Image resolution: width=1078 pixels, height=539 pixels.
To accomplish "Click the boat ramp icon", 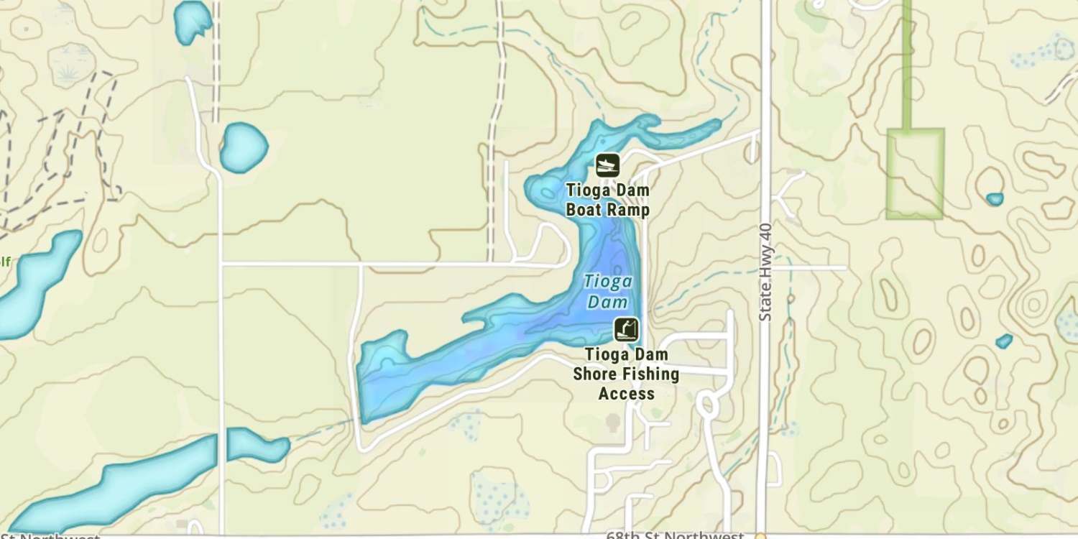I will click(x=608, y=166).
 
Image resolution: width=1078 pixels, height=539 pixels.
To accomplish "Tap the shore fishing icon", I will click(x=626, y=330).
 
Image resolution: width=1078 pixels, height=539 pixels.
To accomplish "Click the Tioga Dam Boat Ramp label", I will click(x=608, y=201).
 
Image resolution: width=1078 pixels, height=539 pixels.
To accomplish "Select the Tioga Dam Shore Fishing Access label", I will click(x=626, y=374).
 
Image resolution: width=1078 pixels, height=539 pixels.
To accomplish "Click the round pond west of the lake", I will click(x=243, y=147).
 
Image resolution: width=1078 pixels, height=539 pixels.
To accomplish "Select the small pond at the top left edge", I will click(x=193, y=20).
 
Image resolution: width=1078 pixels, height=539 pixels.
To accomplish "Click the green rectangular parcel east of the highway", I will click(x=914, y=173).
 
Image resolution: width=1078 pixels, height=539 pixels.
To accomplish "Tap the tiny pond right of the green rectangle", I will click(x=995, y=199).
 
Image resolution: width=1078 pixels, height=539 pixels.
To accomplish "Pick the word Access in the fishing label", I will click(x=626, y=394).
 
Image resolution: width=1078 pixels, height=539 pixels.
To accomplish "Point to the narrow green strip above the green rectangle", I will click(x=907, y=65).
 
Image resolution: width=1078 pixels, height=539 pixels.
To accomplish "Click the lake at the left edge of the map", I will click(x=36, y=280).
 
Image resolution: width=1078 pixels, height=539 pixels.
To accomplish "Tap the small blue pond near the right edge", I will click(x=1004, y=341).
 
